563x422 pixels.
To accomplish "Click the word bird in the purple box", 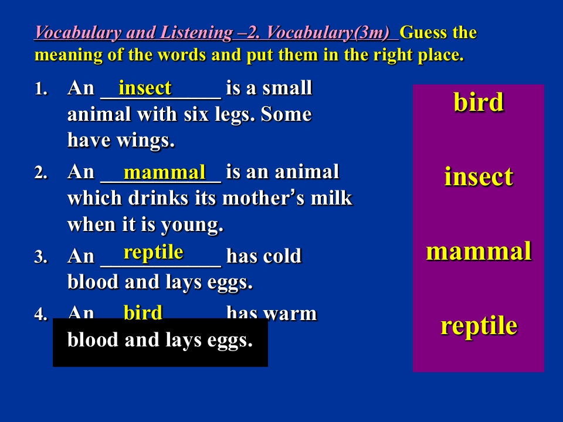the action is [479, 102].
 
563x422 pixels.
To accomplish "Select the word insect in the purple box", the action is [479, 176].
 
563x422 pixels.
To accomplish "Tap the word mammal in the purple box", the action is [479, 251].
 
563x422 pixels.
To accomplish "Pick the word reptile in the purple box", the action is [479, 326].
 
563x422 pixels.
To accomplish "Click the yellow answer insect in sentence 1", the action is [145, 88].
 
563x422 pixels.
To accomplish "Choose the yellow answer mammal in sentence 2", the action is [164, 172].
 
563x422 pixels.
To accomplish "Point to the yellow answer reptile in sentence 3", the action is [153, 252].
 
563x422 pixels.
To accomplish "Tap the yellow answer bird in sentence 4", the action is [143, 312].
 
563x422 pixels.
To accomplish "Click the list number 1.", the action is [41, 89].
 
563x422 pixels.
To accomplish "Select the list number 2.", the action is [41, 172].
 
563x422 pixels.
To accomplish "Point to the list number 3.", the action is [41, 257].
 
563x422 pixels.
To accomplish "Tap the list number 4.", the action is [41, 314].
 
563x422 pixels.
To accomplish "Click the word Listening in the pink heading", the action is [196, 33].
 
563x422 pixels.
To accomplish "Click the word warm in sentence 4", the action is [290, 314].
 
